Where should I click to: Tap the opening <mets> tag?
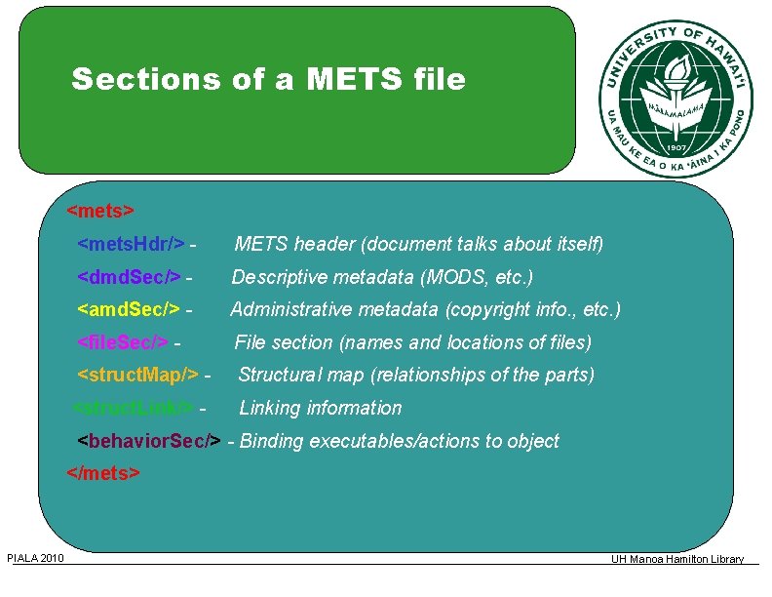[x=100, y=210]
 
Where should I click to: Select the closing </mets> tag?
[x=103, y=473]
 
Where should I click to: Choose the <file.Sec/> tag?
[x=123, y=342]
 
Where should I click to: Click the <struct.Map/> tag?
[x=137, y=375]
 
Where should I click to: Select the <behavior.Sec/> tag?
[x=149, y=441]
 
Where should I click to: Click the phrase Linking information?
[x=320, y=408]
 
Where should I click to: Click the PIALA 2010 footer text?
[x=35, y=558]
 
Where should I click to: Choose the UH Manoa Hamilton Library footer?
[x=677, y=559]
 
